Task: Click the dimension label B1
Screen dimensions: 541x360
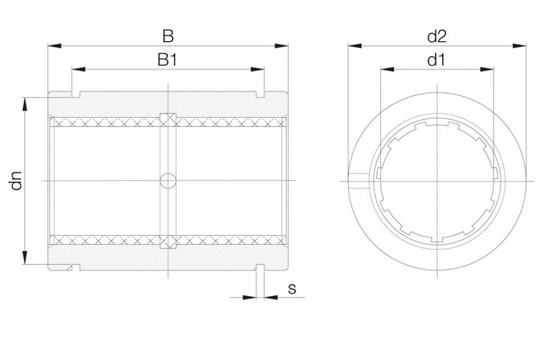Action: click(167, 60)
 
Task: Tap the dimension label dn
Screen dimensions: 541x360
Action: click(16, 181)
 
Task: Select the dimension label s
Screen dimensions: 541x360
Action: click(292, 289)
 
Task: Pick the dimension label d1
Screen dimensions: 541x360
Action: click(436, 60)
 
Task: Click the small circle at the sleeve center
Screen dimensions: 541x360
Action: click(168, 181)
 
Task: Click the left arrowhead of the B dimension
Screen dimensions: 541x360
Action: click(55, 46)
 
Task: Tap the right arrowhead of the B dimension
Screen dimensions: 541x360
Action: click(281, 46)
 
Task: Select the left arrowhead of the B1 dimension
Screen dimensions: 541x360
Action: click(78, 69)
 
